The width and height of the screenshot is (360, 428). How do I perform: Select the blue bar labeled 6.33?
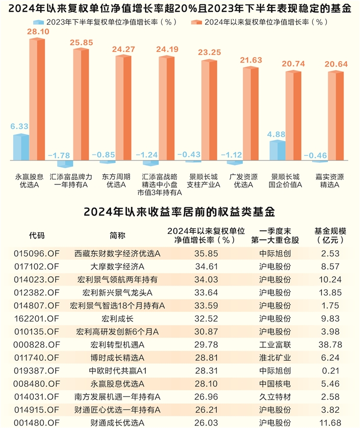pyautogui.click(x=21, y=147)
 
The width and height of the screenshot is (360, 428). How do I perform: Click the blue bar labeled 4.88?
pyautogui.click(x=277, y=150)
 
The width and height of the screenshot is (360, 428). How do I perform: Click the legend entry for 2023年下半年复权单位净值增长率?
pyautogui.click(x=105, y=22)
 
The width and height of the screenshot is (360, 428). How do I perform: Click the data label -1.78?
pyautogui.click(x=59, y=155)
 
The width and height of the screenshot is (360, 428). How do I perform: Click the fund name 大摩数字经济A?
pyautogui.click(x=117, y=266)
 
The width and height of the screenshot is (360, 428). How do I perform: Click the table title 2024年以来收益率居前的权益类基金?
pyautogui.click(x=180, y=211)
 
